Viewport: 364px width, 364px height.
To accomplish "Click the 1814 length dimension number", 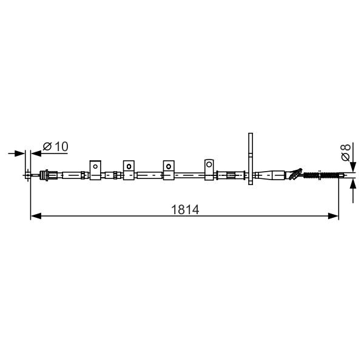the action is tap(185, 210).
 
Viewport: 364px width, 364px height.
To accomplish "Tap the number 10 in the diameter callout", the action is tap(61, 146).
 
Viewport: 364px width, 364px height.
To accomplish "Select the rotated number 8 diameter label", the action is tap(345, 148).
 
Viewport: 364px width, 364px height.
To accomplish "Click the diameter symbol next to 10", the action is tap(47, 146).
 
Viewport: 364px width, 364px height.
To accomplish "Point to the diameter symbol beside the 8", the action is tap(346, 157).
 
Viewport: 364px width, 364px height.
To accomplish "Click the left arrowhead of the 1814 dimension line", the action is tap(36, 216).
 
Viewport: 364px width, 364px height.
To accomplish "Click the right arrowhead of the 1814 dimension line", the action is tap(333, 216).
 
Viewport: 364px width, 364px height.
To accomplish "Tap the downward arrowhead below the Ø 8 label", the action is tap(353, 167).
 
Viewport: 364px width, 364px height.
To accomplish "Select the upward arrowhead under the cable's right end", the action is tap(353, 184).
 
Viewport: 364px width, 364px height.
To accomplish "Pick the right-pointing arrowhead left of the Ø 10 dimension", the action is tap(19, 153).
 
